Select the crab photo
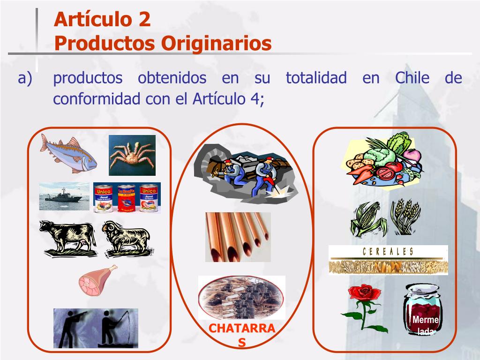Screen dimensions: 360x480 [132, 155]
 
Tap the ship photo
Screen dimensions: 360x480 [64, 196]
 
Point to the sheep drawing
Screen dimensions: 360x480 [126, 238]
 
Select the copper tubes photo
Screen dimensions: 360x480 [238, 237]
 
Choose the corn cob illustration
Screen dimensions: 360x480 [369, 219]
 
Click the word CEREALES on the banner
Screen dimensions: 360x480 [388, 252]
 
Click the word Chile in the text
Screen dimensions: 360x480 [412, 78]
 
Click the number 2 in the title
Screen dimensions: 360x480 [144, 20]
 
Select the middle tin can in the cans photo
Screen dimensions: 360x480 [127, 198]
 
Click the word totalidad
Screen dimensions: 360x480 [316, 78]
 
